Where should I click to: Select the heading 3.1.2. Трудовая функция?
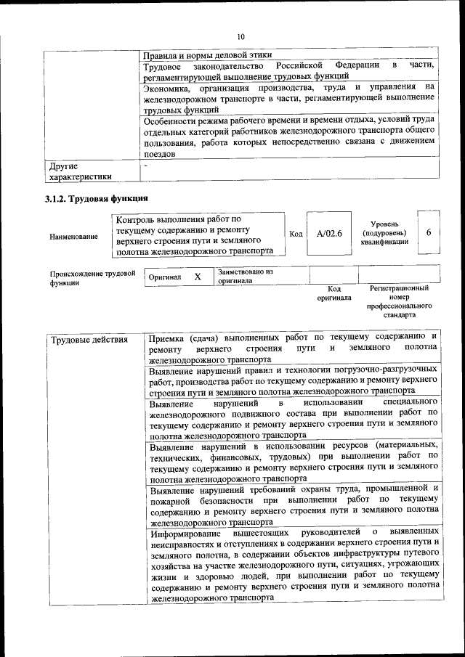[96, 198]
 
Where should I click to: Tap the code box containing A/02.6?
[329, 233]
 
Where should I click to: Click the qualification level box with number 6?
[429, 232]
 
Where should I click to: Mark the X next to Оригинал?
[197, 277]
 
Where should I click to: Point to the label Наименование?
[73, 237]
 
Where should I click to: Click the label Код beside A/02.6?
[296, 234]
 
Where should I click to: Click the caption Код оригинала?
[333, 293]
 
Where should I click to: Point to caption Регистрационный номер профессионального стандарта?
[399, 301]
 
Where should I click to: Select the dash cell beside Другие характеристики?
[146, 166]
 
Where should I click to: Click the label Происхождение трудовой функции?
[92, 279]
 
